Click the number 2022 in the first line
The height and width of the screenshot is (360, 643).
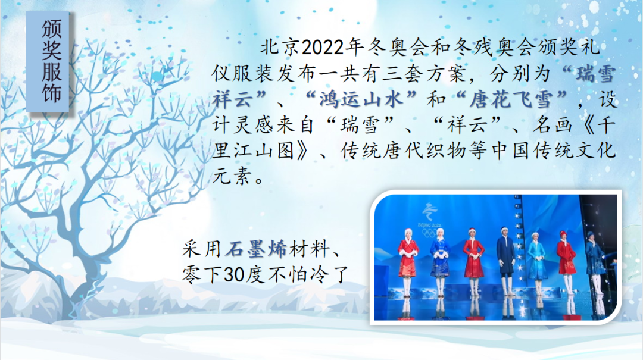pos(322,48)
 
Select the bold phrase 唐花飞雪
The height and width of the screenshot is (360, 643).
pos(511,99)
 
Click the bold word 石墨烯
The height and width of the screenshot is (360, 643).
pos(255,249)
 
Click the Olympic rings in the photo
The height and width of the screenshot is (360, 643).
pos(430,233)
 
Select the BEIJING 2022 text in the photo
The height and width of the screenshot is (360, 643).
pos(429,225)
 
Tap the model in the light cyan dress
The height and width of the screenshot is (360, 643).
pos(536,258)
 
